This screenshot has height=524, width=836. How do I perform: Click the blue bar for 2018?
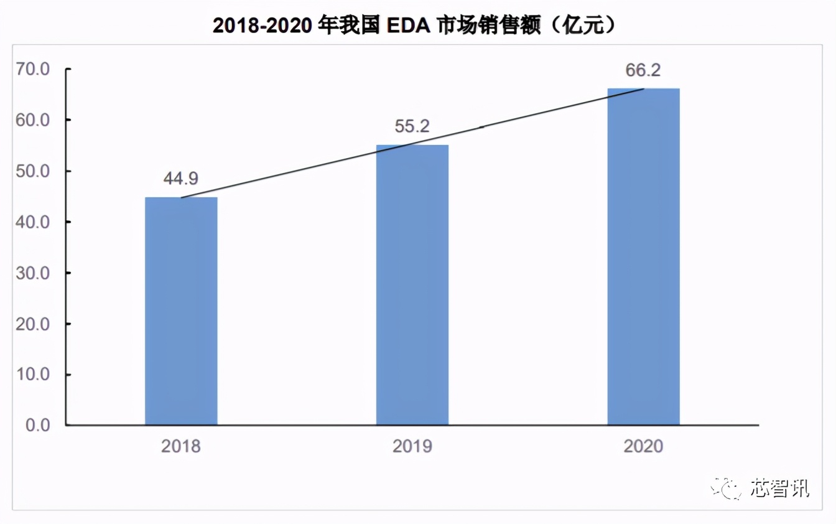181,311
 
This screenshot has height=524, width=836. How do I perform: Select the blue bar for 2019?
412,285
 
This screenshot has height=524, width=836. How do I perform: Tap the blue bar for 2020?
643,257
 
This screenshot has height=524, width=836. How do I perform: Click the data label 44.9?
181,179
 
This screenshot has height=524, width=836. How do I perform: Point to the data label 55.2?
412,127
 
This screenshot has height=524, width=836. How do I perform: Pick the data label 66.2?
643,70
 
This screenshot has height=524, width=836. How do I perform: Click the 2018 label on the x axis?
181,446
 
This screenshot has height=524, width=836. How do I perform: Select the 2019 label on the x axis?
412,446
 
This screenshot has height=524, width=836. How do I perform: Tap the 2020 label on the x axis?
643,446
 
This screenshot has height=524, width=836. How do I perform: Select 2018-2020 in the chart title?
261,25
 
